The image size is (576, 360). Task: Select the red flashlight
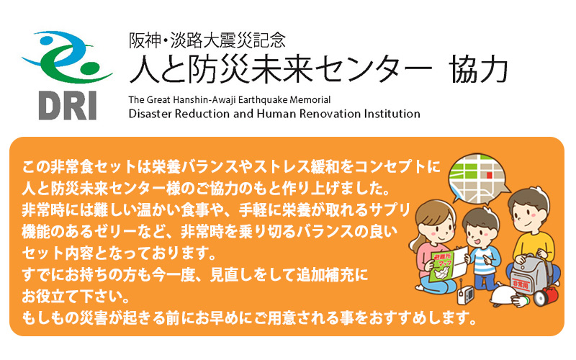pyautogui.click(x=546, y=295)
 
